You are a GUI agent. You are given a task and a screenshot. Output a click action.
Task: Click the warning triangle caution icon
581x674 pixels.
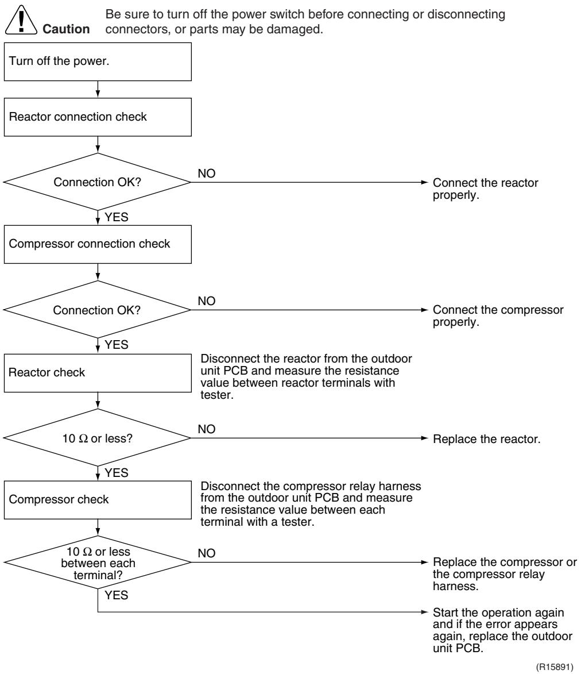[x=21, y=20]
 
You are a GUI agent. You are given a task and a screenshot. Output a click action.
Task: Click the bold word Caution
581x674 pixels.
[x=66, y=29]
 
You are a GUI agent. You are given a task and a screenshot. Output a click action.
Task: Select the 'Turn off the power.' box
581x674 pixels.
[x=98, y=61]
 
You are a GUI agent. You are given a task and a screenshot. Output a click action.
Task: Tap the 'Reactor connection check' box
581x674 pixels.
[x=98, y=117]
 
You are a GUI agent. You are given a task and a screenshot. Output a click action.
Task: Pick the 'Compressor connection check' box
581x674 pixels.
[x=98, y=244]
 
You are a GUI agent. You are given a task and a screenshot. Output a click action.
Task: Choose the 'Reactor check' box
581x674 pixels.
[x=98, y=373]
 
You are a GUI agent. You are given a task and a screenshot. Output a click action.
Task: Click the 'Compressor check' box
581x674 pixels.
[x=98, y=499]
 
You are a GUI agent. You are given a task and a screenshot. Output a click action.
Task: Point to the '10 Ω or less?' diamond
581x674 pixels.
[x=98, y=438]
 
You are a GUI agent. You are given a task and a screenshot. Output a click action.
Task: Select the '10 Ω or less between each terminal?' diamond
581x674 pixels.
[x=98, y=562]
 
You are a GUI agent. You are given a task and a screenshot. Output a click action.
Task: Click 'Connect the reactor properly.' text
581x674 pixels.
[x=485, y=188]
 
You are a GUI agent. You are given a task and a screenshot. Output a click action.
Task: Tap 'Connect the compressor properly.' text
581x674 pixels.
[x=498, y=316]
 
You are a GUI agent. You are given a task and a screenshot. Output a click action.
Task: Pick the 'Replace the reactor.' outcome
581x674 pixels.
[x=486, y=439]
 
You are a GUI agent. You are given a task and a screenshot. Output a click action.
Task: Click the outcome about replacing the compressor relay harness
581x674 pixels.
[x=505, y=574]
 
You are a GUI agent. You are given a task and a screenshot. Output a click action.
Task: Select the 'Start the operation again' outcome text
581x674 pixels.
[x=502, y=630]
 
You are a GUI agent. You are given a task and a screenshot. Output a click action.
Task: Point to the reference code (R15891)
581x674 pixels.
[x=555, y=667]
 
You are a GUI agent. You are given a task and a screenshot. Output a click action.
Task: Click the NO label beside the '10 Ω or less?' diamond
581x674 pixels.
[x=207, y=429]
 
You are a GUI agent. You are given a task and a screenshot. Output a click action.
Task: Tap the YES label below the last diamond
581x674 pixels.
[x=117, y=595]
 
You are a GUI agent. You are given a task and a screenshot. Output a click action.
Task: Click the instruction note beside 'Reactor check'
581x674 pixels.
[x=306, y=376]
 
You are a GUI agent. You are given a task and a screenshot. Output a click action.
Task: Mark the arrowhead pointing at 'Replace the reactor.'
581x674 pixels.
[x=425, y=438]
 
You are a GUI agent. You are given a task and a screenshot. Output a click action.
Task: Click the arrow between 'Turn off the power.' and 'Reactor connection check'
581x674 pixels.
[x=98, y=90]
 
